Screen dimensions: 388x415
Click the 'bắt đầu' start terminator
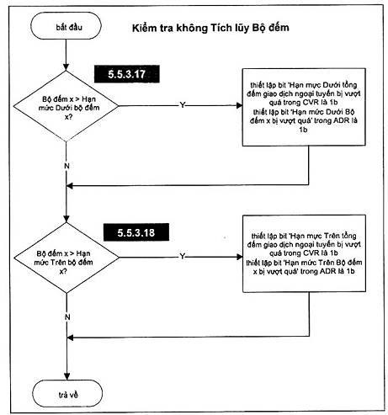click(66, 26)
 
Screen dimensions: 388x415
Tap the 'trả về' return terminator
click(67, 393)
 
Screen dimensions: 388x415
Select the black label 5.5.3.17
click(127, 74)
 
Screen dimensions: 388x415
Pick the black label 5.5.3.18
click(136, 232)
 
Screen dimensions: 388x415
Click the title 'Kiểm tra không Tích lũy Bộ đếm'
click(210, 28)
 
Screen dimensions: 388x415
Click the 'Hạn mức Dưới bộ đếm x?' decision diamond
click(66, 106)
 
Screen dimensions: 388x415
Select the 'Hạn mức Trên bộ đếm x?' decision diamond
click(66, 258)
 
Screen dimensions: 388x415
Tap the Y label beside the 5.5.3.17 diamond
click(183, 105)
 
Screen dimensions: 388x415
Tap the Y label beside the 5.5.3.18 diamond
click(183, 256)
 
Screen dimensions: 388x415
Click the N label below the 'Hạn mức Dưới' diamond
click(66, 166)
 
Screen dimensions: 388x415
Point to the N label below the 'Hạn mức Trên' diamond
click(67, 317)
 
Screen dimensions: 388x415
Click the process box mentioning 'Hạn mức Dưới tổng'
click(304, 107)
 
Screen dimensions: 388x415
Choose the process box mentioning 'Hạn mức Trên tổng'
click(304, 253)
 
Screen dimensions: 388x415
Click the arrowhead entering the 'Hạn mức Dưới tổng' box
click(239, 106)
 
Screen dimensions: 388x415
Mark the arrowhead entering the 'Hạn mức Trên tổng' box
click(240, 257)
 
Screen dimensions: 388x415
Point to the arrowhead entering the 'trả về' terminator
click(67, 376)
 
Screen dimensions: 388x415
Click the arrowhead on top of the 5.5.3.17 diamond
click(66, 67)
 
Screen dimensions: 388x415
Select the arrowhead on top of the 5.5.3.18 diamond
click(66, 219)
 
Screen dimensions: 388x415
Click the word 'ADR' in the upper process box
click(341, 121)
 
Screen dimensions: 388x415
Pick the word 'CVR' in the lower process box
click(311, 253)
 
